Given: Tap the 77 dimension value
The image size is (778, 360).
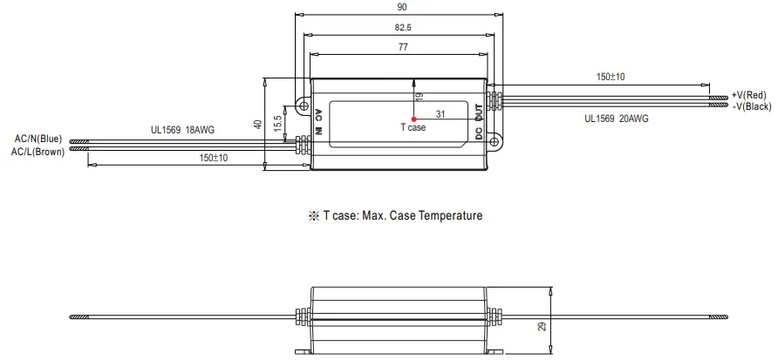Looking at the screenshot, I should [403, 49].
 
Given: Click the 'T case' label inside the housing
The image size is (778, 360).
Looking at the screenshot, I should [413, 128].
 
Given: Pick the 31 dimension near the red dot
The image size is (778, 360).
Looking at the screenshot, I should [440, 113].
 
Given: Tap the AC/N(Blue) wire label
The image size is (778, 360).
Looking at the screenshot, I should [38, 139].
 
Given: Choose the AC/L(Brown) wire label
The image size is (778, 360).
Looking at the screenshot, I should [38, 151].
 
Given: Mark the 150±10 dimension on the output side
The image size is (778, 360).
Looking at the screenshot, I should [610, 77].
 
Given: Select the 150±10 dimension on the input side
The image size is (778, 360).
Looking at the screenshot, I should [213, 158].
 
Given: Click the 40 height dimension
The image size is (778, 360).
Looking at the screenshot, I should [258, 124].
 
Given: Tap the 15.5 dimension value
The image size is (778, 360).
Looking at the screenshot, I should [278, 125].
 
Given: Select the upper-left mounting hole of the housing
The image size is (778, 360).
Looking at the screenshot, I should [304, 105].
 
